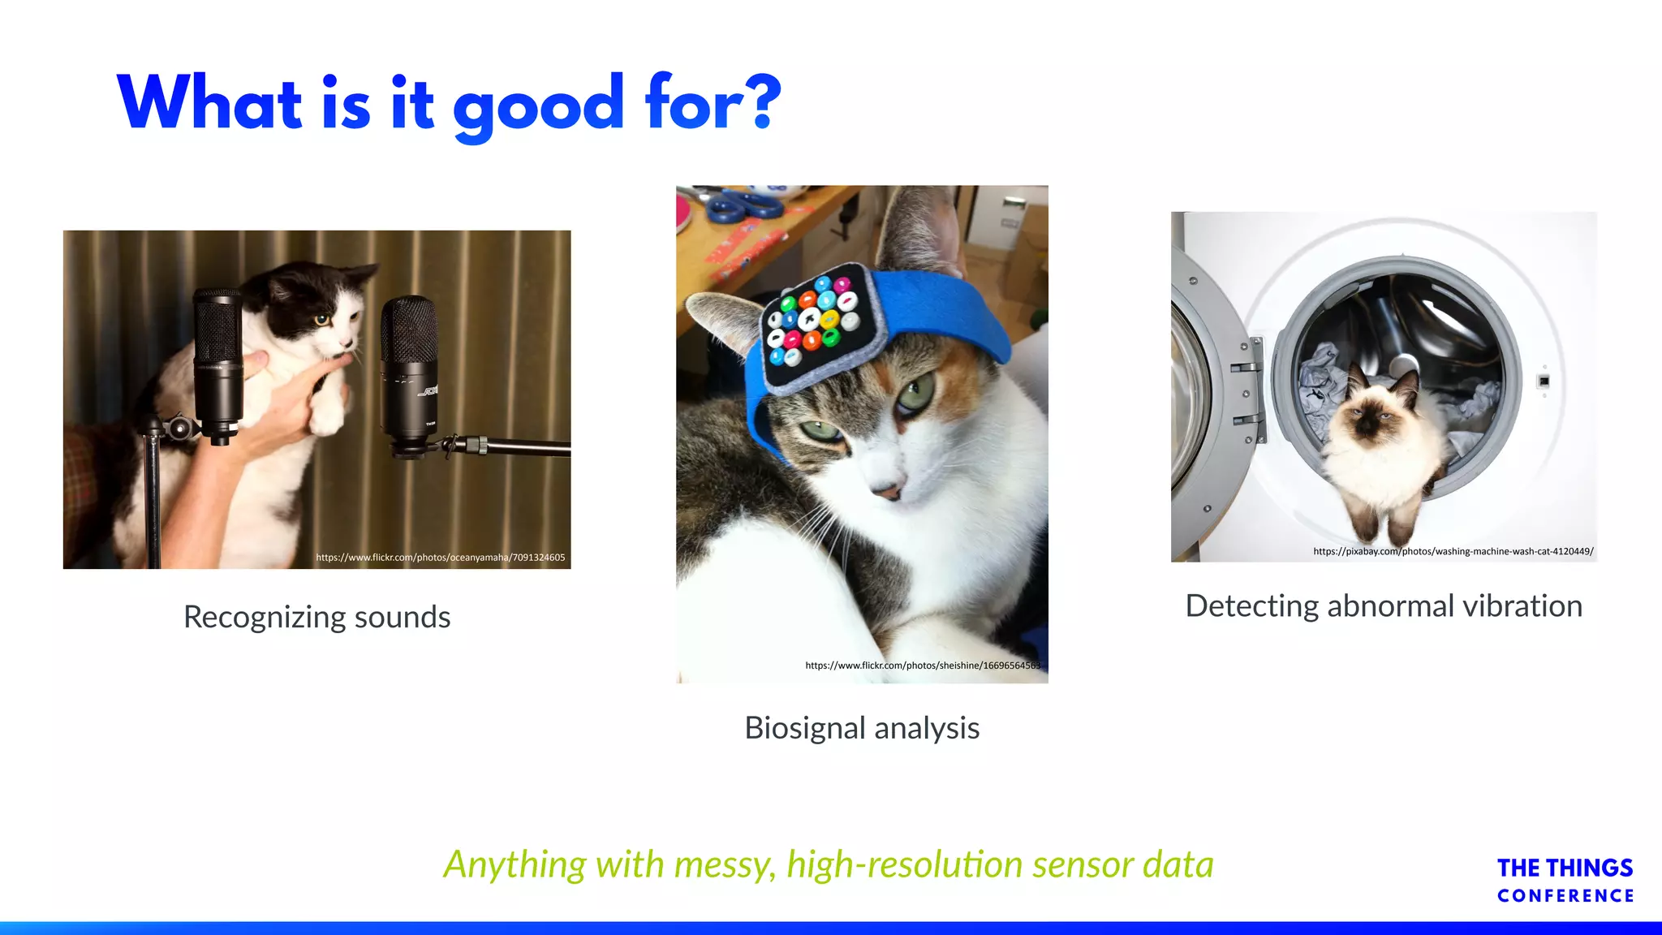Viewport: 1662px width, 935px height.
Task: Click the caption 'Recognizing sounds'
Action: tap(316, 617)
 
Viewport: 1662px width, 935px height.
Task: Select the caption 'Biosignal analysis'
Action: tap(862, 728)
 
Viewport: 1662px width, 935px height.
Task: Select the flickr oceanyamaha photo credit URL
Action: tap(441, 558)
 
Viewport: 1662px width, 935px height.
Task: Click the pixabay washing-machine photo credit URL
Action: tap(1453, 552)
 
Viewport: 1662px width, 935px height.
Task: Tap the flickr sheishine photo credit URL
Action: tap(923, 666)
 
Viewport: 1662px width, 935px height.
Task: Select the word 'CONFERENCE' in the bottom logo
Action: tap(1565, 896)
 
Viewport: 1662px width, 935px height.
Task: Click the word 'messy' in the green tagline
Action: tap(723, 865)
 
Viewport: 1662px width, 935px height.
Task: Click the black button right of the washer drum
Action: tap(1544, 381)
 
